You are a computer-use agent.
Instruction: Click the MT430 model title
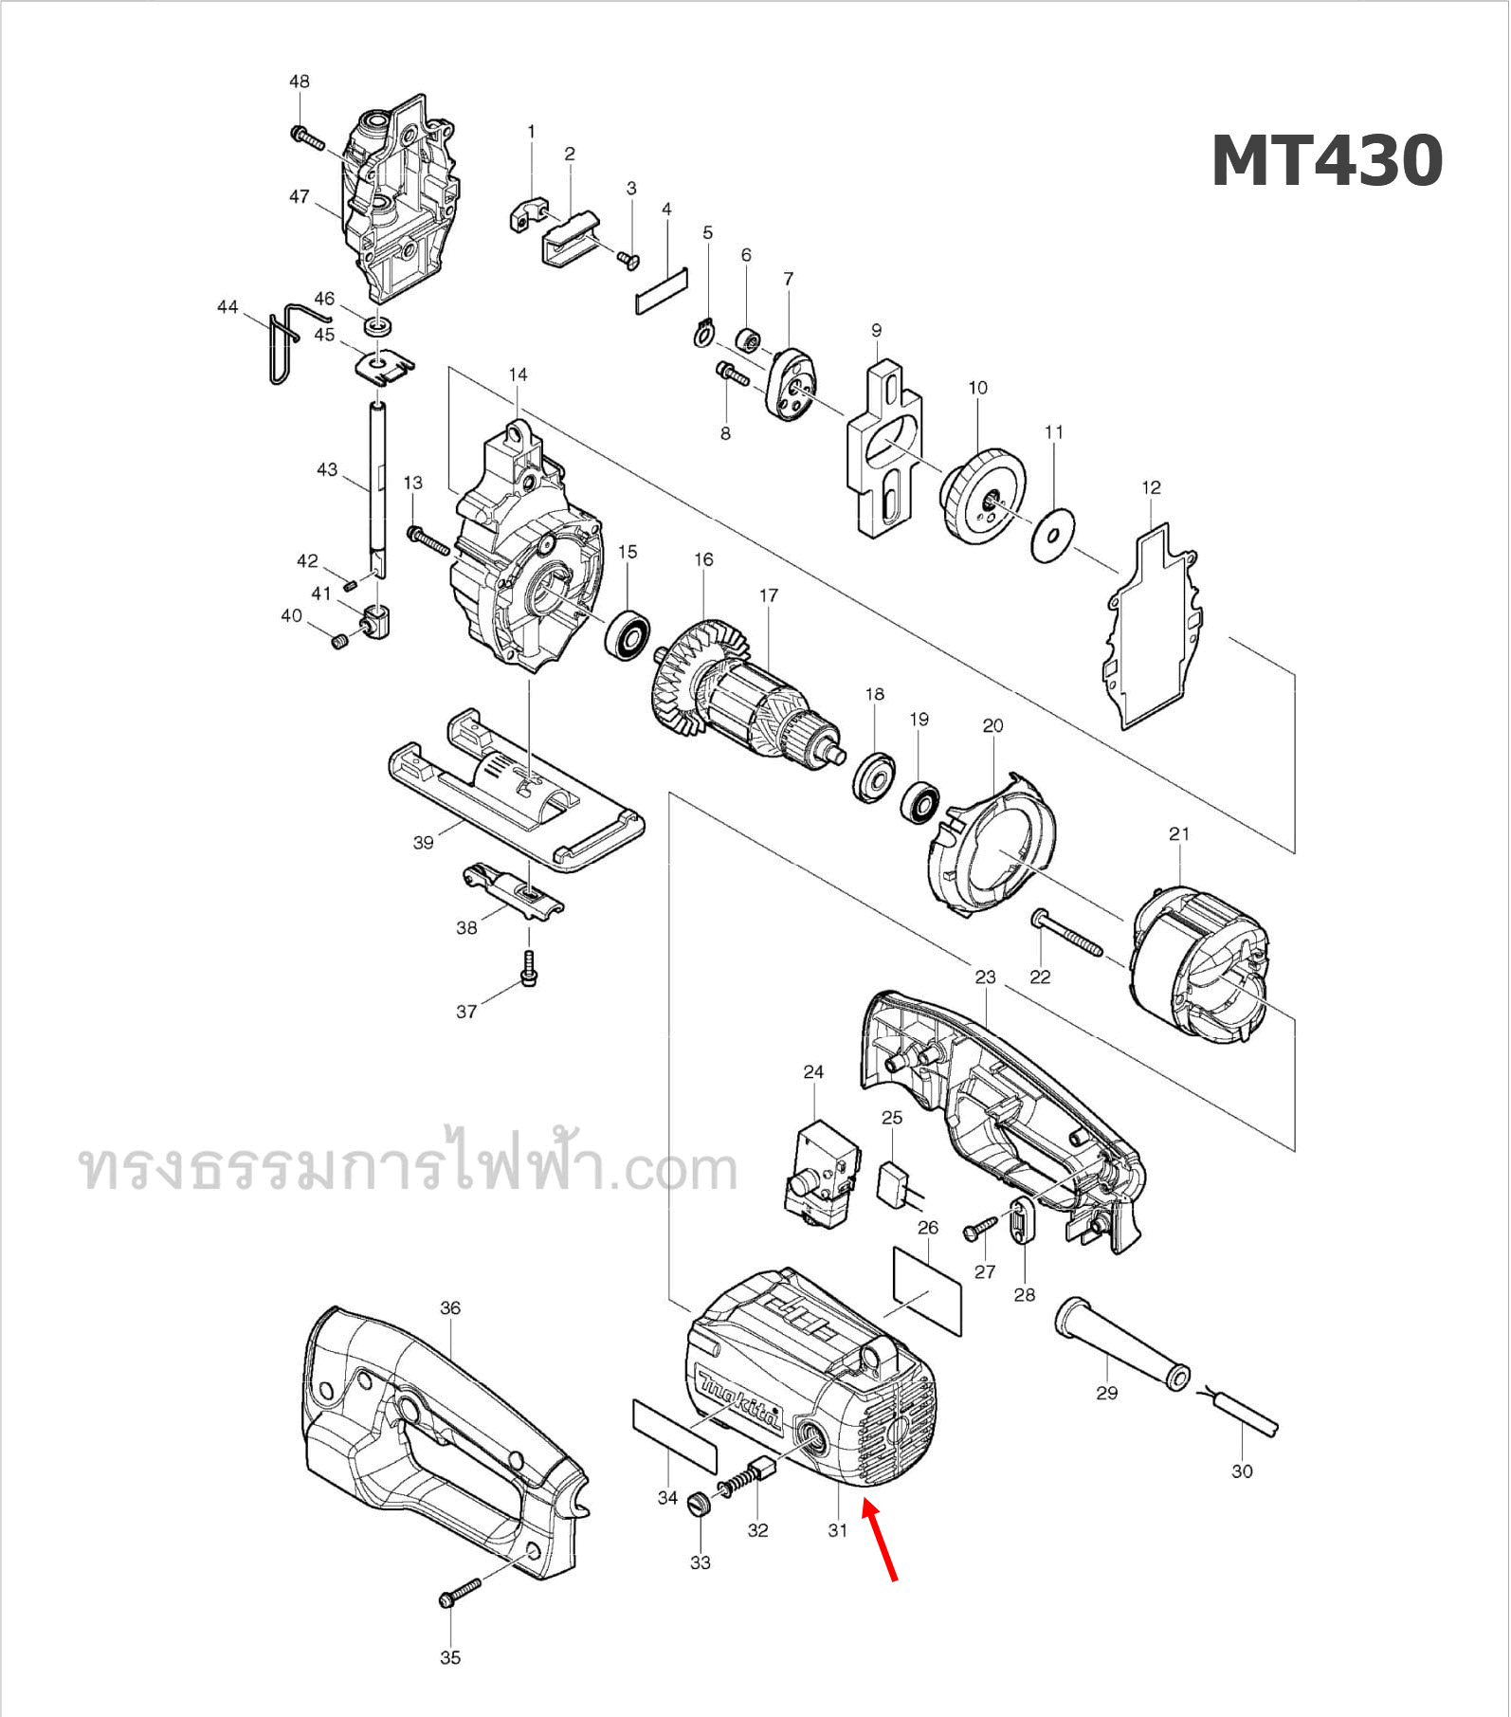click(1326, 161)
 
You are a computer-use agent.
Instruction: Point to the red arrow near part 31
click(879, 1540)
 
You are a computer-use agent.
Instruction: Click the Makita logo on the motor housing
click(737, 1400)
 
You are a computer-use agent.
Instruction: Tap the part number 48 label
click(299, 82)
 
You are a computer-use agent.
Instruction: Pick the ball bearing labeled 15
click(628, 636)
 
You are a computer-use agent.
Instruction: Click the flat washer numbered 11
click(1053, 536)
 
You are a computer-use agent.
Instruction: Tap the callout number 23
click(985, 977)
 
